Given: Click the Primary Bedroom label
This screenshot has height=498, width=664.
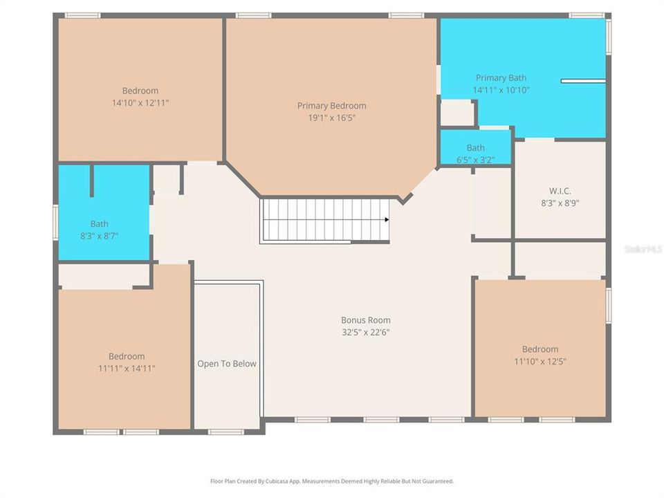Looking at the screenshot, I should (332, 106).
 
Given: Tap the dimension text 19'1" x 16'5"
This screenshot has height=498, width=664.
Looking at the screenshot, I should (332, 118).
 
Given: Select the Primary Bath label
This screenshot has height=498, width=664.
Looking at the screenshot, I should (501, 78).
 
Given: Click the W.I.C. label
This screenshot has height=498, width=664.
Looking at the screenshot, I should (559, 192).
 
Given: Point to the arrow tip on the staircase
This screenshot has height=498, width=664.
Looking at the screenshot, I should (387, 220).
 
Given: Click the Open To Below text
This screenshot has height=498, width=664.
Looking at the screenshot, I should (227, 364).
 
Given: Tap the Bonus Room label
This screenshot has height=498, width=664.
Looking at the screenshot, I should (365, 320).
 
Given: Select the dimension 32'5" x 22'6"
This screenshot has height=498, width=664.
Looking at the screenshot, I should (365, 332).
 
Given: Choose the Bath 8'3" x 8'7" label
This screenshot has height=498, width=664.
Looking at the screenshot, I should (99, 224).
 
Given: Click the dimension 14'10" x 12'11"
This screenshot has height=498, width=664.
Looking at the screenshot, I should (140, 102).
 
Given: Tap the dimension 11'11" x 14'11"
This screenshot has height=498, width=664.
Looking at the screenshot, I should (127, 369).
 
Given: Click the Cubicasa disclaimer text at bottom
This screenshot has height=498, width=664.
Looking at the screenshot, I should (332, 481).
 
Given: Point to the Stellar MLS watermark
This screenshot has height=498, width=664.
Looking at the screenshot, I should (643, 248).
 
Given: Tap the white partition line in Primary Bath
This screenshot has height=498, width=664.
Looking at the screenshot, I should (582, 81).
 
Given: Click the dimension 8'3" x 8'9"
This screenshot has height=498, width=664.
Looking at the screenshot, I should (559, 203).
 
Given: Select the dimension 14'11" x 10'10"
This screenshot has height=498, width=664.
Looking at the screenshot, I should (501, 90).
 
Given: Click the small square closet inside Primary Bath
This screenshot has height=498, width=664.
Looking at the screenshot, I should (457, 113).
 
